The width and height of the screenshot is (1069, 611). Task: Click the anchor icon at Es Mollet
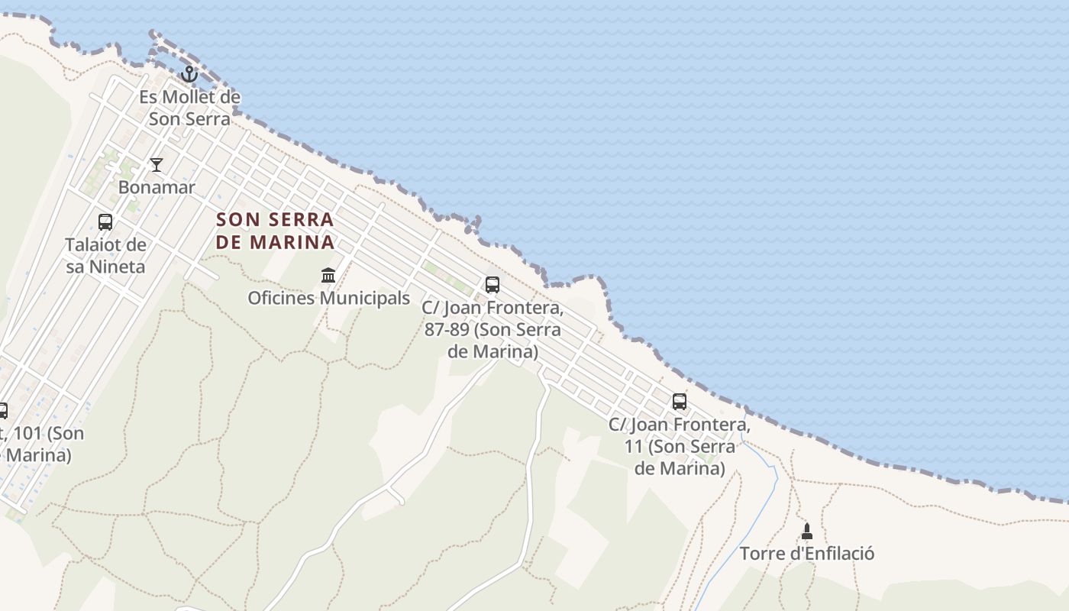pyautogui.click(x=189, y=74)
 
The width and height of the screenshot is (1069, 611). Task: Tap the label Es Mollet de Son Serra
pyautogui.click(x=189, y=108)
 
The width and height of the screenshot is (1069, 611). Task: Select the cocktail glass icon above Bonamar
pyautogui.click(x=157, y=165)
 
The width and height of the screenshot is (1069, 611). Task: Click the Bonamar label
pyautogui.click(x=157, y=187)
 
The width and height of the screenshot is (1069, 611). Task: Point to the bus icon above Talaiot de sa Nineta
pyautogui.click(x=105, y=222)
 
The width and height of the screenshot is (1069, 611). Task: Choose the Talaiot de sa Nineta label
pyautogui.click(x=105, y=255)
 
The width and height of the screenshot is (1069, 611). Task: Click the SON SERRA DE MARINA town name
pyautogui.click(x=275, y=231)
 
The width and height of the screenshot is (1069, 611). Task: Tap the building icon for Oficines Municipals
pyautogui.click(x=328, y=275)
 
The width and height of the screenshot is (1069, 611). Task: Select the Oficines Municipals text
pyautogui.click(x=328, y=298)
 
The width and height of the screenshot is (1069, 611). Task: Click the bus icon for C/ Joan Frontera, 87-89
pyautogui.click(x=493, y=285)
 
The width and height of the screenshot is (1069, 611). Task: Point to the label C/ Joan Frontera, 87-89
pyautogui.click(x=493, y=330)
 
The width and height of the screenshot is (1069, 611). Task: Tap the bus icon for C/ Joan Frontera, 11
pyautogui.click(x=680, y=402)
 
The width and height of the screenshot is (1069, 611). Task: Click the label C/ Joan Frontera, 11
pyautogui.click(x=680, y=446)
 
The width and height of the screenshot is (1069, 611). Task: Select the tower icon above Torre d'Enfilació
pyautogui.click(x=807, y=532)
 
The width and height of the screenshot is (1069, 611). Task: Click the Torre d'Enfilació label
pyautogui.click(x=807, y=553)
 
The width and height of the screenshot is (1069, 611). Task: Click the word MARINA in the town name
pyautogui.click(x=296, y=242)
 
